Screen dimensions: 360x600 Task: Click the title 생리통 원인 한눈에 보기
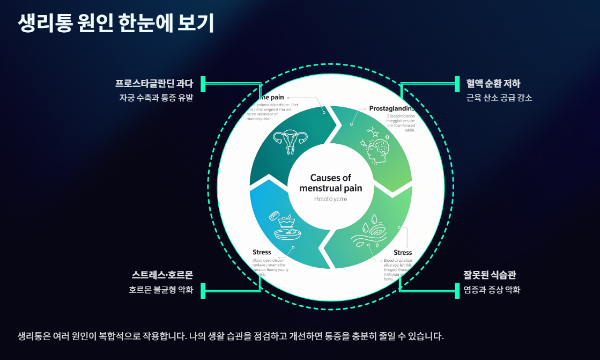tap(116, 23)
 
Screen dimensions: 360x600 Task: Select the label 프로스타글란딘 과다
tap(153, 84)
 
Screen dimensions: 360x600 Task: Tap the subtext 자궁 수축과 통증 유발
tap(156, 98)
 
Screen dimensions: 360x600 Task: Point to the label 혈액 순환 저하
tap(493, 84)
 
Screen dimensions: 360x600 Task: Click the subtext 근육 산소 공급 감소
tap(499, 98)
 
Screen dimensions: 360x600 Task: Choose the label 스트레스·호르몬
tap(162, 275)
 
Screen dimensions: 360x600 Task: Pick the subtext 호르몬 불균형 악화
tap(160, 290)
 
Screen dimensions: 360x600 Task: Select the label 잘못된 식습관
tap(490, 275)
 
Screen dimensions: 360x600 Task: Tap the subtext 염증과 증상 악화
tap(492, 290)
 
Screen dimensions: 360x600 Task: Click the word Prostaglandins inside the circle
tap(391, 108)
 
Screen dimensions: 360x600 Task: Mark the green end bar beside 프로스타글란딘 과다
tap(203, 84)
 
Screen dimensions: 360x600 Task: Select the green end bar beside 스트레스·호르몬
tap(203, 290)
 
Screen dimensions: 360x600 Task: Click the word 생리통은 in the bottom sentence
tap(34, 337)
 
